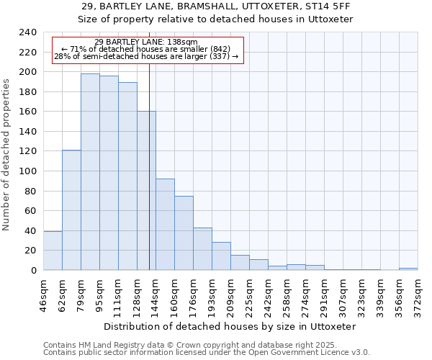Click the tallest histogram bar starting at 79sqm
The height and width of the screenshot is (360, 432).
click(90, 172)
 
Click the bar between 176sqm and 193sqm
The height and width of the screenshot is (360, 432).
click(202, 249)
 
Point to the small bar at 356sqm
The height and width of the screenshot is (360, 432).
click(408, 269)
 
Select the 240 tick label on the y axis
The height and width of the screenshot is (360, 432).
click(27, 32)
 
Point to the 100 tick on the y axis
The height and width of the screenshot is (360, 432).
click(27, 171)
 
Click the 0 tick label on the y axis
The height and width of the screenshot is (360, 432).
click(33, 271)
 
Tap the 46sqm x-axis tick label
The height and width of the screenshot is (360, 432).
click(43, 294)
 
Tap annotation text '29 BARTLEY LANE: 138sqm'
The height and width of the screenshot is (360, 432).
click(145, 42)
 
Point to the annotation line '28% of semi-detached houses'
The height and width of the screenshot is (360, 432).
click(145, 56)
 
